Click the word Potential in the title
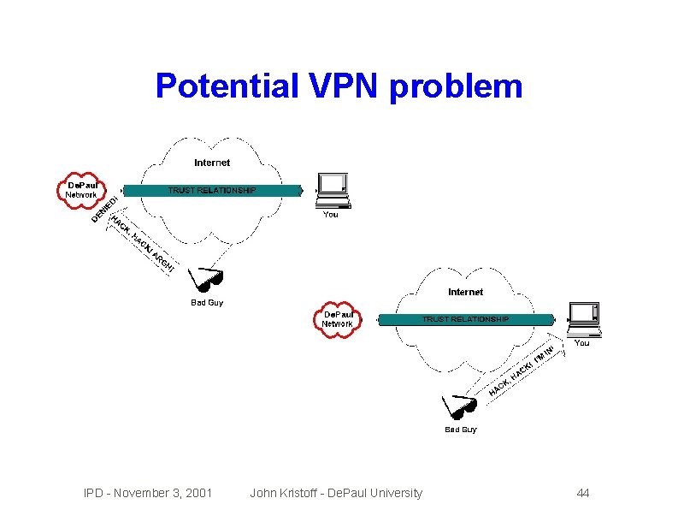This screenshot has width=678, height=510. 223,86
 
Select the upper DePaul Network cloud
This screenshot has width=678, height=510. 82,189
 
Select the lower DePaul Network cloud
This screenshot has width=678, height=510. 337,318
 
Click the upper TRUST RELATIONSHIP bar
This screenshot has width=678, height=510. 212,190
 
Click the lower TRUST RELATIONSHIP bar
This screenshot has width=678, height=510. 465,319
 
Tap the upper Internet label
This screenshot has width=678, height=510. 212,163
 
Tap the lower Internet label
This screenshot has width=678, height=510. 465,293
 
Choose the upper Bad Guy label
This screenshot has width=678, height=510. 206,302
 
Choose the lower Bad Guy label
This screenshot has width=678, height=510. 460,430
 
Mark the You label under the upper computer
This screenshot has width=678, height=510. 330,214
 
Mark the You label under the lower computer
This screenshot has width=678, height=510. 581,343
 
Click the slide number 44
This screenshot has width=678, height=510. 583,493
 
